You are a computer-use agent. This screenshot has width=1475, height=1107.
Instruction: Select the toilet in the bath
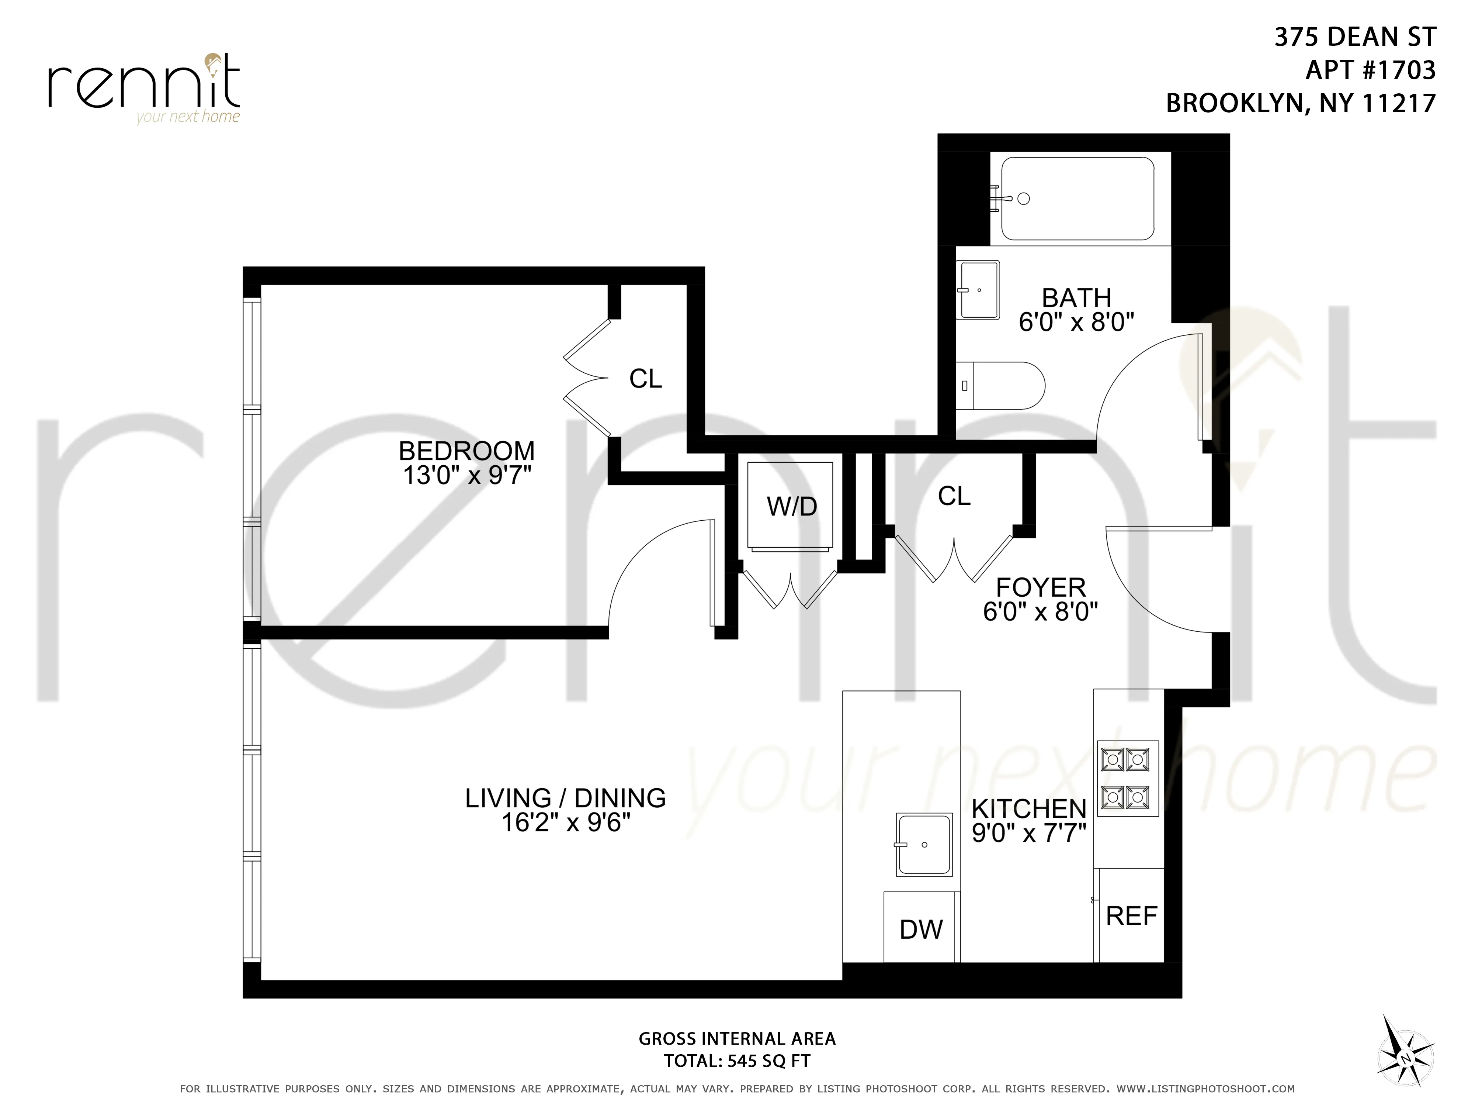(1000, 386)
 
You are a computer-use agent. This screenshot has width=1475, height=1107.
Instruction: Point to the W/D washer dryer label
(791, 507)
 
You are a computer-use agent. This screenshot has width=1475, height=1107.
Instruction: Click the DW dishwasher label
(921, 930)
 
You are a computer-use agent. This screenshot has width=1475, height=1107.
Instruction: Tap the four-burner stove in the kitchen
(1128, 778)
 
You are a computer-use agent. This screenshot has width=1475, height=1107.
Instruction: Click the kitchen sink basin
(924, 845)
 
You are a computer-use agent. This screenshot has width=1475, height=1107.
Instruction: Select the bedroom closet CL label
(645, 379)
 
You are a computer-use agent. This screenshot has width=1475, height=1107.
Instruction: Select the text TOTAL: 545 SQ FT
(737, 1061)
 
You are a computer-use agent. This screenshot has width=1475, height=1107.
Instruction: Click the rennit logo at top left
(143, 87)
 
